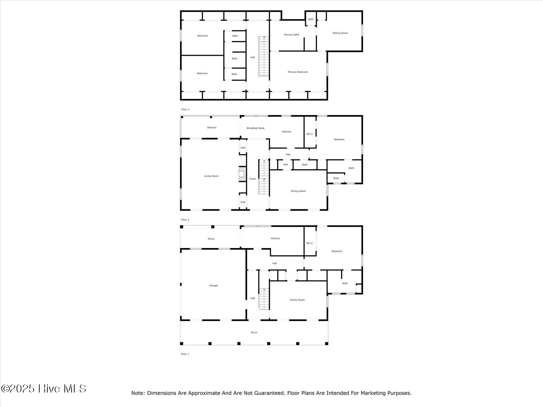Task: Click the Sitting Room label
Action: pos(340,33)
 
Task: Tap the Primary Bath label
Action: pos(292,35)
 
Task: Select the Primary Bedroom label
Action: pos(298,72)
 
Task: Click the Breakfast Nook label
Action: pos(256,128)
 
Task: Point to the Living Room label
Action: pos(211,176)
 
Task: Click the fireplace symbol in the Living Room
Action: pos(242,175)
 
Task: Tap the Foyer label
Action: pos(252,179)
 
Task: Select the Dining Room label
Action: pos(298,191)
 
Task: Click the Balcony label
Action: pos(212,128)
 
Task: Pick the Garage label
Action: pos(214,285)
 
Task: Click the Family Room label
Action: pos(297,300)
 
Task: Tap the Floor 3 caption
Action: pos(185,110)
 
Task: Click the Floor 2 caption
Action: pos(185,220)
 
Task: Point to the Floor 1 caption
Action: pos(185,354)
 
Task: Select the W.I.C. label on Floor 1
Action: pos(310,243)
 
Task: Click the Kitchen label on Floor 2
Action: pos(287,132)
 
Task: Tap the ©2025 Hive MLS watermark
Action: pos(43,389)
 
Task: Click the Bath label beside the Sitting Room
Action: pos(311,19)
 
